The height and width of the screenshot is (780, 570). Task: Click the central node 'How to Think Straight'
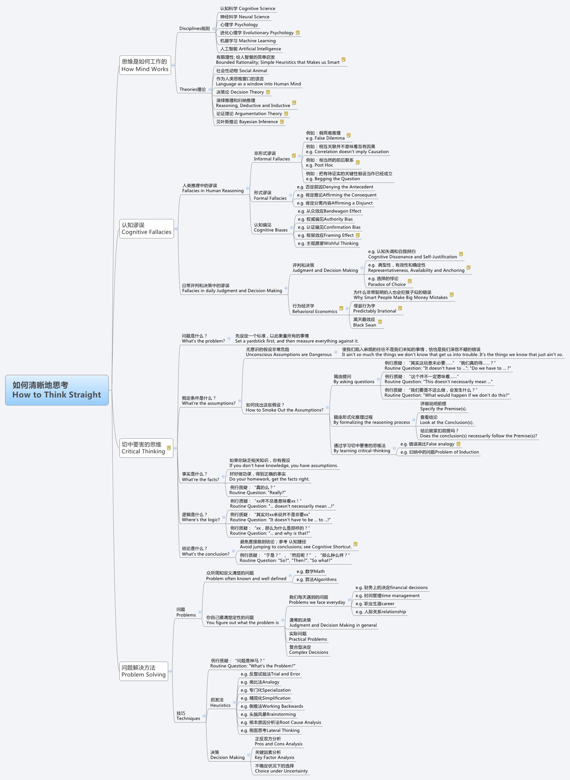(x=56, y=390)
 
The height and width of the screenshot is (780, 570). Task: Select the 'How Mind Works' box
(x=145, y=65)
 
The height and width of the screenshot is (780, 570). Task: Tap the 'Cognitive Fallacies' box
(x=146, y=229)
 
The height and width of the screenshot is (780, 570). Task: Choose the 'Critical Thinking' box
(x=143, y=448)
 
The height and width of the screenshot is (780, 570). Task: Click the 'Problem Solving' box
(x=144, y=671)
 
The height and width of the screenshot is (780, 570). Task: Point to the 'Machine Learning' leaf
(x=248, y=41)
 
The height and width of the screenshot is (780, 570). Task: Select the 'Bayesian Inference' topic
(x=247, y=122)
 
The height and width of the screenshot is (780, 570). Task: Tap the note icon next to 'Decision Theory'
(x=268, y=92)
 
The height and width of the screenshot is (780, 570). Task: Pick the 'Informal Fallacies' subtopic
(x=271, y=156)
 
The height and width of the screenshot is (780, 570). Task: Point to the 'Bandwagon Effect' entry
(x=329, y=211)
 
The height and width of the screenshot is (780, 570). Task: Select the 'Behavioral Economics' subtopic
(x=314, y=309)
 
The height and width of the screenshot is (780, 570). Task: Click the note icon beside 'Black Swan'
(x=380, y=322)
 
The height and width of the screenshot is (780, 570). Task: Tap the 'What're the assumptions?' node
(x=209, y=401)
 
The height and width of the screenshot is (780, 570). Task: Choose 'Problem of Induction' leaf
(x=439, y=452)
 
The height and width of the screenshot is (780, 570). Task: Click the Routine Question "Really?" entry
(x=257, y=490)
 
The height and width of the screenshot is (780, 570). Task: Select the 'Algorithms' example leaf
(x=316, y=579)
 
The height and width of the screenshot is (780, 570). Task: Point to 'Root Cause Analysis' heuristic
(x=280, y=722)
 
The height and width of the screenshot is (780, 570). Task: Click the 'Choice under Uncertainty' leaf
(x=281, y=768)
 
